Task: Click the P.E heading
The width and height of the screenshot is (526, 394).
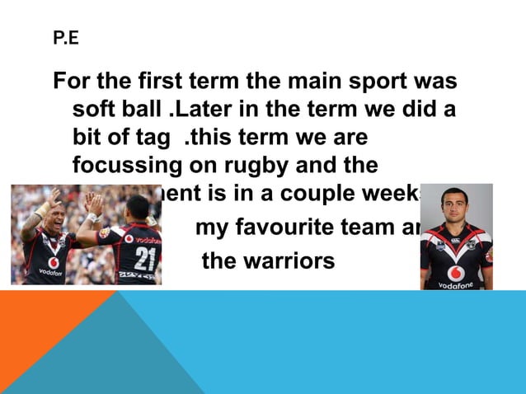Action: tap(65, 37)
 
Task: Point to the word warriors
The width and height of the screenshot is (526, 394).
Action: tap(289, 262)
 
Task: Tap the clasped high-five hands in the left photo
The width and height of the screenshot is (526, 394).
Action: tap(90, 203)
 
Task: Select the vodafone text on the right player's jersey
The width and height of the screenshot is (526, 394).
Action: tap(456, 284)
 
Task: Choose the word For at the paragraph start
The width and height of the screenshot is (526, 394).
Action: tap(72, 83)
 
